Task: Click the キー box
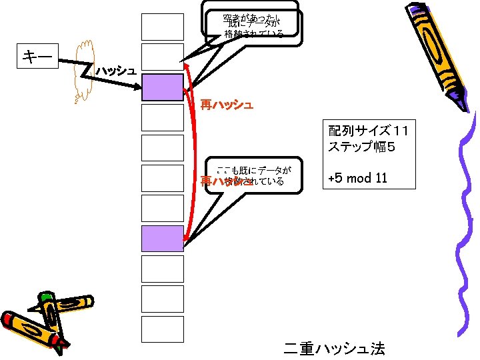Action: (37, 57)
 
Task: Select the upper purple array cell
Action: (162, 87)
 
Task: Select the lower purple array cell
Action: (162, 238)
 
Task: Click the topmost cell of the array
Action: (162, 27)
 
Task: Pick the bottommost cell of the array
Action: (162, 329)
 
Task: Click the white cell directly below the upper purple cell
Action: (162, 117)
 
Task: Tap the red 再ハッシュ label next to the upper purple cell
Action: (227, 105)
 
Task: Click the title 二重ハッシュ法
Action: (334, 349)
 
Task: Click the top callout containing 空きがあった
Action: (253, 19)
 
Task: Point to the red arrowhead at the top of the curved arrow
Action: (187, 67)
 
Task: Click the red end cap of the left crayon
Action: (9, 319)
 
